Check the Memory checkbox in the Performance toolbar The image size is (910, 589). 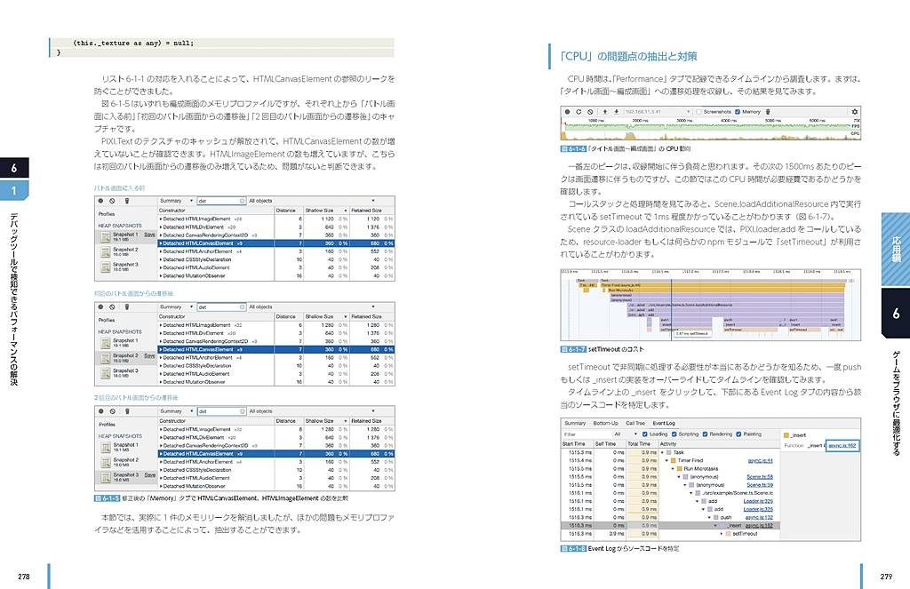pyautogui.click(x=738, y=112)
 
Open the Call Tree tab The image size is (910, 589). pyautogui.click(x=635, y=423)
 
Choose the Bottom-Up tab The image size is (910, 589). pyautogui.click(x=605, y=423)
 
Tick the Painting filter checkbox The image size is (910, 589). pyautogui.click(x=738, y=434)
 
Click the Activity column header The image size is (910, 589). pyautogui.click(x=668, y=443)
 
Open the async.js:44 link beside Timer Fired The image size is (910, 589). pyautogui.click(x=762, y=460)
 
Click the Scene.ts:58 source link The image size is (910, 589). pyautogui.click(x=760, y=476)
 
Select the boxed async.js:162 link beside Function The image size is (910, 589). pyautogui.click(x=842, y=444)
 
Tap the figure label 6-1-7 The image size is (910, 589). pyautogui.click(x=573, y=350)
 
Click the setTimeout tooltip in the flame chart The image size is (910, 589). pyautogui.click(x=692, y=333)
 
